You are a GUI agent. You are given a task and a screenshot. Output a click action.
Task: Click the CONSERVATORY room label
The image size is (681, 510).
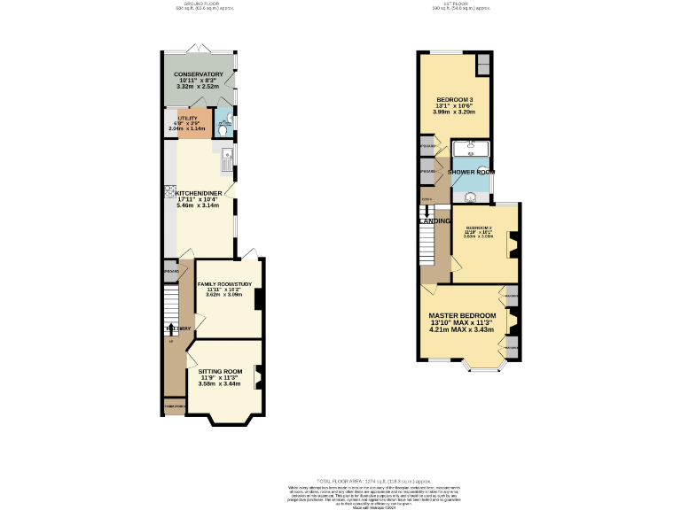pyautogui.click(x=198, y=74)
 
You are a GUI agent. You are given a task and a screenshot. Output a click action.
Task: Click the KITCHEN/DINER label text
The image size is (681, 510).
pyautogui.click(x=198, y=192)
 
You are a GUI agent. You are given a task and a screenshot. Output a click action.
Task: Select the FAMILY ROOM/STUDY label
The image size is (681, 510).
pyautogui.click(x=224, y=284)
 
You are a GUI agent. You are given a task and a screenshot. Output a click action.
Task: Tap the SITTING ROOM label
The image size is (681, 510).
pyautogui.click(x=220, y=371)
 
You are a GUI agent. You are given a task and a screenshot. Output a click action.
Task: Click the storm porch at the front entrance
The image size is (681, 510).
pyautogui.click(x=174, y=406)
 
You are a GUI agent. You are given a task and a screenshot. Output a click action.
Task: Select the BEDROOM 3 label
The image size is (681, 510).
pyautogui.click(x=454, y=99)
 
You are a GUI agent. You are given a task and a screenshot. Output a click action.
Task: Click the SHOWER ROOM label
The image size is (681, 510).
pyautogui.click(x=471, y=171)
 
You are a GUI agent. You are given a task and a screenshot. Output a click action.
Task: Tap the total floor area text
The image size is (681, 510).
pyautogui.click(x=340, y=480)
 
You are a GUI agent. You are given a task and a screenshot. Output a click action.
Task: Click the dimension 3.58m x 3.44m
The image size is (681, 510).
pyautogui.click(x=219, y=383)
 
